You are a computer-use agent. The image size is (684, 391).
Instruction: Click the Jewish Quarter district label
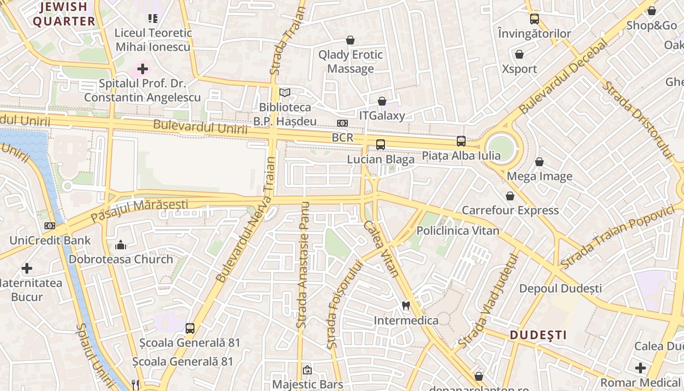point(64,14)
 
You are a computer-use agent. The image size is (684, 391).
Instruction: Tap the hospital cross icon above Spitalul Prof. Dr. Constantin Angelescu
point(143,69)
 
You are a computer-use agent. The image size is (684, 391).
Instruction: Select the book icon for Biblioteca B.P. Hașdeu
point(285,92)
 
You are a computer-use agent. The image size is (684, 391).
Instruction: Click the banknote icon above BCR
point(342,123)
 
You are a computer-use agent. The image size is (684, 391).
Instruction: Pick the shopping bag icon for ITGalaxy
point(382,101)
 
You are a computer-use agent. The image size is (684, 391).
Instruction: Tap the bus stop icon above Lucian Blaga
point(381,145)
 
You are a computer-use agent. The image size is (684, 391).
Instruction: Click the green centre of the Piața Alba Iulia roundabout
point(502,147)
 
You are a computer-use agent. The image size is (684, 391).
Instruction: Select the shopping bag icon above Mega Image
point(539,162)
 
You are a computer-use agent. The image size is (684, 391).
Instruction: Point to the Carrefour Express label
point(510,210)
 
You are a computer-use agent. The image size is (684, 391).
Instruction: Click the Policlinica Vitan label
point(458,231)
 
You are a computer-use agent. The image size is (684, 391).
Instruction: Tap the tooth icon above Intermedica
point(406,306)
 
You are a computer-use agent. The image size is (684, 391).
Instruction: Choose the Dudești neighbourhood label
point(538,335)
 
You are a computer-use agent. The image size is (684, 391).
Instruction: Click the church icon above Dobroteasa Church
point(121,245)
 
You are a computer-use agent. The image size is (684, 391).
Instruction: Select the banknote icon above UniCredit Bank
point(50,226)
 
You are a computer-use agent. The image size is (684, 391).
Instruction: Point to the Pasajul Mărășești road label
point(139,209)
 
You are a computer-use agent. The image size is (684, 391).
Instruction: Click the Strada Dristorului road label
point(638,120)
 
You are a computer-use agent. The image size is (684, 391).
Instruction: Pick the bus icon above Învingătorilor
point(534,19)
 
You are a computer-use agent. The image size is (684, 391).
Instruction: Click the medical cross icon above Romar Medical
point(641,368)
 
